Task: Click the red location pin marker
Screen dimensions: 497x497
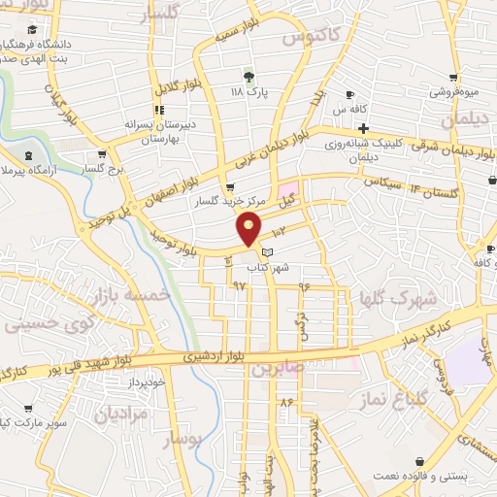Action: point(249,229)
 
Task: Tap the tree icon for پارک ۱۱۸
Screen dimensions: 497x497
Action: point(249,76)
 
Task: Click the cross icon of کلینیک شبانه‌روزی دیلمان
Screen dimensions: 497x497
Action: point(363,128)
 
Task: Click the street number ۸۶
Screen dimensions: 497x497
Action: point(286,400)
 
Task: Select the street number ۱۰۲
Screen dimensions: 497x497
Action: point(280,231)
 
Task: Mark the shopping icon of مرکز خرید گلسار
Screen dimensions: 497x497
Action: point(230,188)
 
